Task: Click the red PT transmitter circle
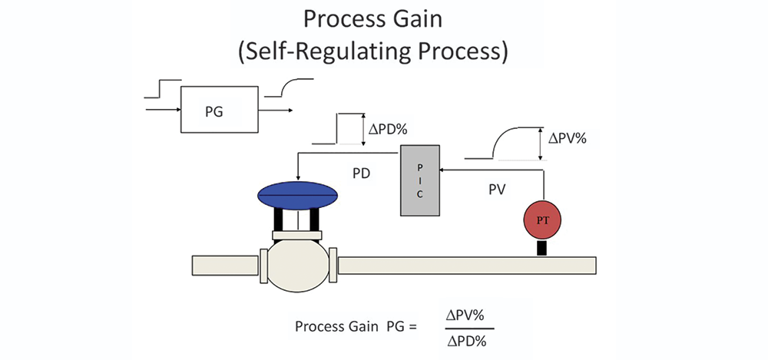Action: tap(541, 220)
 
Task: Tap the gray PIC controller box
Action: tap(420, 180)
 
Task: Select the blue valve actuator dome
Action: tap(298, 195)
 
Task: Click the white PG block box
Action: tap(220, 110)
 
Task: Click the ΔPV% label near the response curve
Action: tap(568, 138)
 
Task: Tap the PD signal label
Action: tap(362, 173)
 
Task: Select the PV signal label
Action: tap(497, 190)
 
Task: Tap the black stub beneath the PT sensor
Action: tap(541, 248)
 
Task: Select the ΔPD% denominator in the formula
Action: tap(467, 342)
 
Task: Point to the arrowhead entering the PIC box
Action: tap(442, 170)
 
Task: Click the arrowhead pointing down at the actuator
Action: tap(298, 178)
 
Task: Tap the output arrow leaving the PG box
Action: tap(276, 111)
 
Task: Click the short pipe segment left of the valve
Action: tap(225, 265)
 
